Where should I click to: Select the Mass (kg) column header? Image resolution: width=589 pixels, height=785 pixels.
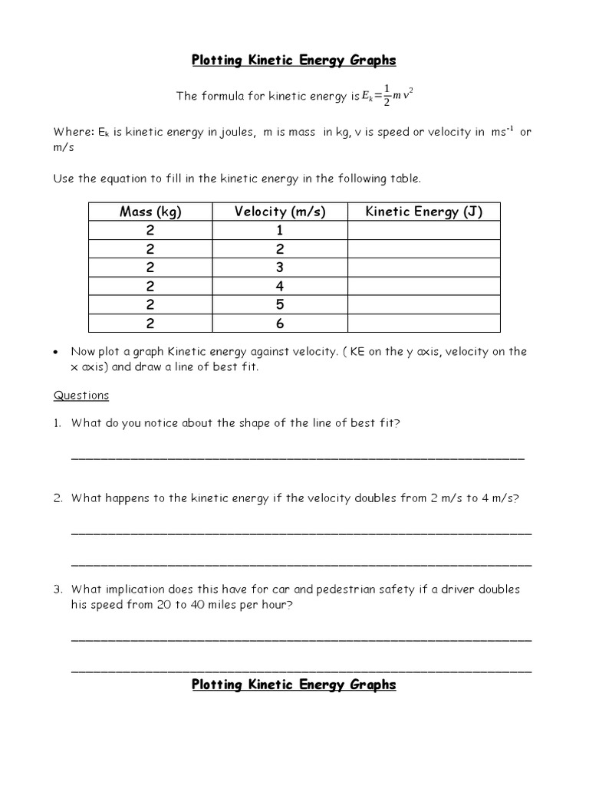(x=151, y=212)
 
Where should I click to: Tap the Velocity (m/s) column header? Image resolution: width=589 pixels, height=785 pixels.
(x=280, y=212)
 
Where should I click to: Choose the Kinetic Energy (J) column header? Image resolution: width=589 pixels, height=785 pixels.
(x=423, y=212)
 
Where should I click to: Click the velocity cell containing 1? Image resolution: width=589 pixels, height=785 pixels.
(x=280, y=231)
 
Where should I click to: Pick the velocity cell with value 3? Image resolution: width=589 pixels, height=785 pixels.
(x=280, y=268)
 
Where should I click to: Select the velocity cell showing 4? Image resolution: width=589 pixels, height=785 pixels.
(x=280, y=287)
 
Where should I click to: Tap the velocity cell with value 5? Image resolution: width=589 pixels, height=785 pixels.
(x=280, y=305)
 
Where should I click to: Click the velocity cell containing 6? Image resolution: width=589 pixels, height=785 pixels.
(x=280, y=324)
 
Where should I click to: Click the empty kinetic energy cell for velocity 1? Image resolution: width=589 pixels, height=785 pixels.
(x=423, y=231)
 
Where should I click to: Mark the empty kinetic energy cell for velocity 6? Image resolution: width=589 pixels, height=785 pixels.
(x=423, y=324)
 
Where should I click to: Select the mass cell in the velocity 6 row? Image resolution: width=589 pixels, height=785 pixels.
(x=151, y=324)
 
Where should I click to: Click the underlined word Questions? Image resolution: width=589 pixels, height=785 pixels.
(x=81, y=396)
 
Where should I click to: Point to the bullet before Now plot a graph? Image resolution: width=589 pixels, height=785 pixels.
(x=57, y=353)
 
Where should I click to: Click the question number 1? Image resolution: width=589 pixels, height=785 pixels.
(x=58, y=423)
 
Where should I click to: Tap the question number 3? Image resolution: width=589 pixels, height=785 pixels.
(x=58, y=590)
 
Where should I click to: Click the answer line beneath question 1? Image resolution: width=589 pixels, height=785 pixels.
(x=298, y=458)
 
